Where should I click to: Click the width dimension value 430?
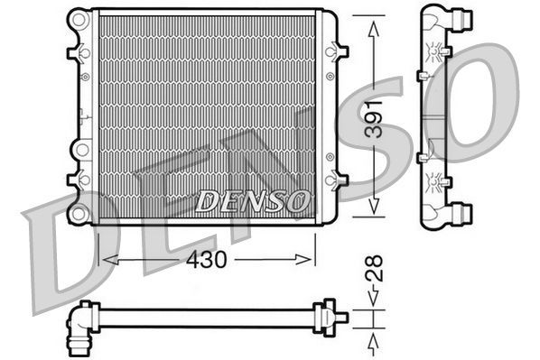click(207, 259)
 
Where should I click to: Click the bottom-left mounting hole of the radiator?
click(79, 213)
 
